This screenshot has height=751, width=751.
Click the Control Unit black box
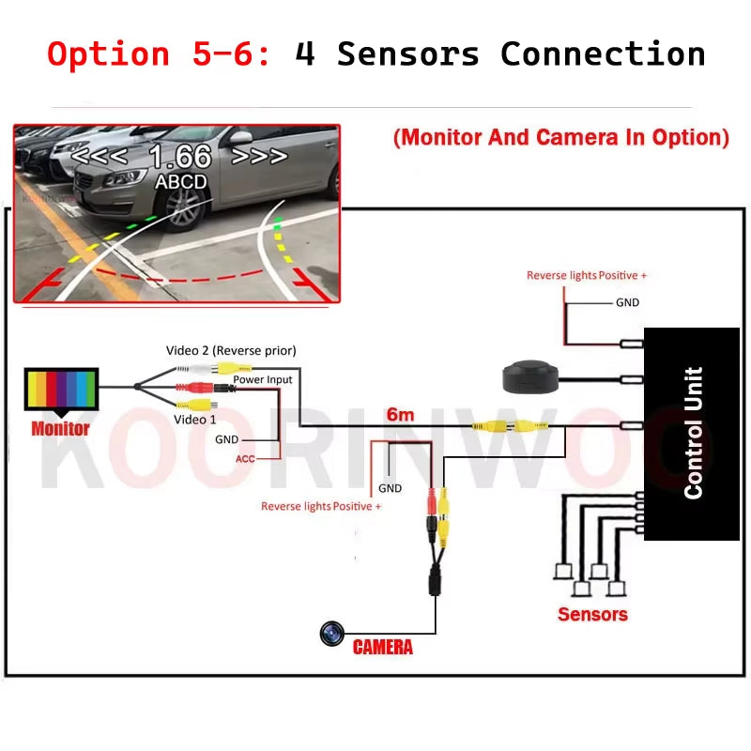coord(692,433)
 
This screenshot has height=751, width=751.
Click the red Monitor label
coord(60,429)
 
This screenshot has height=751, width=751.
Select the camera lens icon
coord(331,635)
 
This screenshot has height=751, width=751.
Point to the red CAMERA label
coord(382,647)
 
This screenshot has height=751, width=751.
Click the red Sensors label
coord(592,614)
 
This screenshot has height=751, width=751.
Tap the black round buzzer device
coord(532,376)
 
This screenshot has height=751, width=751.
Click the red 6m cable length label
coord(399,414)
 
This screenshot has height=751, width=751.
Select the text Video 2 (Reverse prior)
coord(231,350)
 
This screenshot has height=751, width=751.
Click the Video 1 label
coord(195,419)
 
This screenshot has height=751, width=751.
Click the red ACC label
coord(245,458)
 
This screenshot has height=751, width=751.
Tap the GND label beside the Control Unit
coord(627,302)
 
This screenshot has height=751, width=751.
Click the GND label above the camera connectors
coord(390,488)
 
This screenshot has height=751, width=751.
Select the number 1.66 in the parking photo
coord(180,156)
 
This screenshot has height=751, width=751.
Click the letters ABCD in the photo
coord(180,180)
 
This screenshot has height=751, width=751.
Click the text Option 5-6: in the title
coord(160,54)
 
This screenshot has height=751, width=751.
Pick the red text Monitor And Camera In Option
coord(561,137)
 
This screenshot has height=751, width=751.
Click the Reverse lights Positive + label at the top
coord(587,275)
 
